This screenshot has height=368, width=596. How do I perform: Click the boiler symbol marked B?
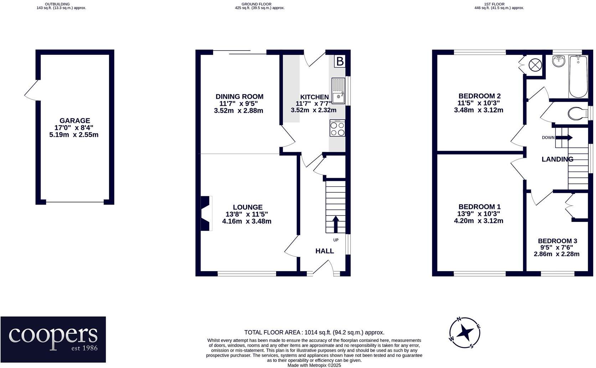(x=340, y=61)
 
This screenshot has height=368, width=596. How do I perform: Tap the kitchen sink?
(x=338, y=91)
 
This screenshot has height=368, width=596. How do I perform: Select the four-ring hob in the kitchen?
(x=337, y=128)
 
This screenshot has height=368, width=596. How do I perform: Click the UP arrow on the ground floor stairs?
(x=336, y=224)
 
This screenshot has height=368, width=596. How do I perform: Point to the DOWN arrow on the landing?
(x=564, y=138)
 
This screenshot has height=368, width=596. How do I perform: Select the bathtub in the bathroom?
(x=578, y=77)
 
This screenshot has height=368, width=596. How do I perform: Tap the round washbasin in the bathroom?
(x=559, y=61)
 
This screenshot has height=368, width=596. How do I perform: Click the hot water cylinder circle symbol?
(x=535, y=65)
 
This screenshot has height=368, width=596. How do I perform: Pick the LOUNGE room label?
(x=248, y=207)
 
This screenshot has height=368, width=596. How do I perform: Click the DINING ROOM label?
(x=239, y=97)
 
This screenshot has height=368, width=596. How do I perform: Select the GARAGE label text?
(x=75, y=120)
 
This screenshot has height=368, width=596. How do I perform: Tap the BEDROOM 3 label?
(x=558, y=241)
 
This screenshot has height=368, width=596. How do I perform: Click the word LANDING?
(x=558, y=159)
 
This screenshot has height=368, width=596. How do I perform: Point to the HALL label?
(x=325, y=251)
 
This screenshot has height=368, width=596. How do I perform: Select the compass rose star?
(x=465, y=333)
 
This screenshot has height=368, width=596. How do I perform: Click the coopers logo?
(x=53, y=339)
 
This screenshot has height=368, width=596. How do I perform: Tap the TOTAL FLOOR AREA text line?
(x=314, y=332)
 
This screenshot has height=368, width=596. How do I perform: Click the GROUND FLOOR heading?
(x=256, y=4)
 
